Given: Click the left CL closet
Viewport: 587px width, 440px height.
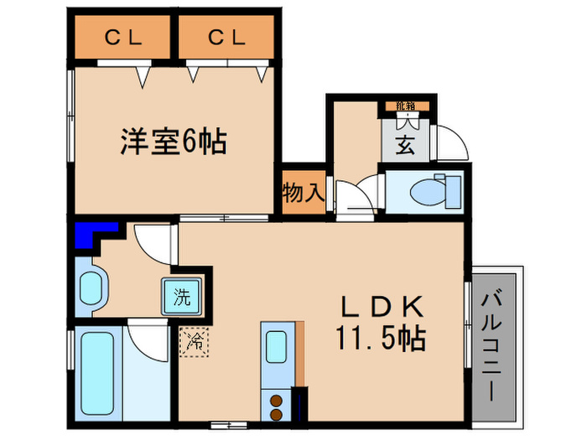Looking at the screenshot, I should tap(123, 38).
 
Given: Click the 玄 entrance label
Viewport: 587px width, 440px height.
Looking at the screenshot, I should tap(403, 144).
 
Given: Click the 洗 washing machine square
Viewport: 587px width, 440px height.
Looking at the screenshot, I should tap(181, 296).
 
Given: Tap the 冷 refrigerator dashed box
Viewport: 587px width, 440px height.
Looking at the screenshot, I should tap(194, 340).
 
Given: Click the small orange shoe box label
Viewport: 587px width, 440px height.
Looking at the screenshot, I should tap(406, 106).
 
